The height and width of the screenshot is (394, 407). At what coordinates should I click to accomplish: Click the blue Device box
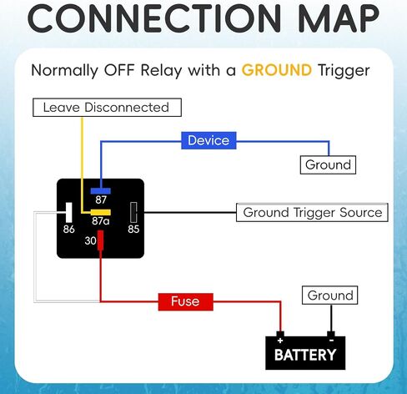pos(209,140)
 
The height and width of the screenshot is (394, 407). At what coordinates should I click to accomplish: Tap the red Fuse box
pos(185,301)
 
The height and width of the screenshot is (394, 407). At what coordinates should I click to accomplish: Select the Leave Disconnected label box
pos(107,108)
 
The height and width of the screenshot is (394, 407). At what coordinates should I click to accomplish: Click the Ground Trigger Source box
pos(312,213)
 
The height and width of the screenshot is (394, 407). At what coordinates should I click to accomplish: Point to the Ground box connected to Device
pos(328,164)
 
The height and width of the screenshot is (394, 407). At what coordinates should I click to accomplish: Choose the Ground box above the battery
pos(330,295)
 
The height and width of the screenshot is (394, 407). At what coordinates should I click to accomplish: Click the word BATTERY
pos(305,355)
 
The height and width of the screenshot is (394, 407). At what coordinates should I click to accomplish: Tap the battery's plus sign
pos(280,341)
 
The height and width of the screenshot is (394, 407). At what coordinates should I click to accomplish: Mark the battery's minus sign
pos(331,341)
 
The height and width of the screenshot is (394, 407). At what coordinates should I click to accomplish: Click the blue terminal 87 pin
pos(101,191)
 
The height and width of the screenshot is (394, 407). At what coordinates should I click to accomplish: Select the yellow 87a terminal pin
pos(101,212)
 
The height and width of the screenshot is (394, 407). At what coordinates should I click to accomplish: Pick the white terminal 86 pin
pos(68,212)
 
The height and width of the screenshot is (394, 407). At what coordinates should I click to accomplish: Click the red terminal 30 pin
pos(101,240)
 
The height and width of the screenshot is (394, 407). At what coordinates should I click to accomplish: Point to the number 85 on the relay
pos(133,230)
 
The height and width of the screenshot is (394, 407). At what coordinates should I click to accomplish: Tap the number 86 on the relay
pos(68,230)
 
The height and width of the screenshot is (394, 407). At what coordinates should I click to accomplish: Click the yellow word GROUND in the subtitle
pos(277,70)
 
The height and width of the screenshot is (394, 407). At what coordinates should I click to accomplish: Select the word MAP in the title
pos(339,18)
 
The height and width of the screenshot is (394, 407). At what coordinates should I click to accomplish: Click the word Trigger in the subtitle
pos(344,71)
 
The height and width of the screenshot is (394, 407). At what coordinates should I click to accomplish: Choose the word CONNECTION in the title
pos(154,18)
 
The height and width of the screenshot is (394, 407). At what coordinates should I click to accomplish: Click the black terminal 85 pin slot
pos(133,212)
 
